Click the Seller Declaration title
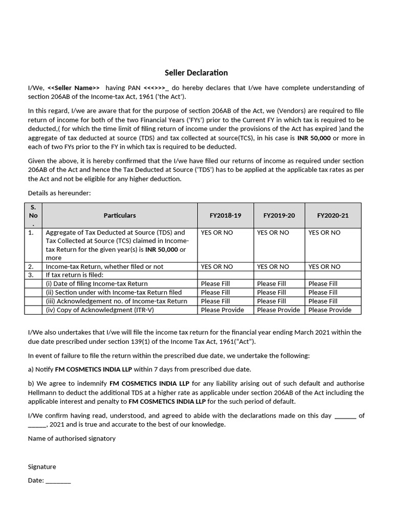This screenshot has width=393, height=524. pyautogui.click(x=196, y=73)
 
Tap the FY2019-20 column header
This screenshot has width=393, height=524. pyautogui.click(x=279, y=215)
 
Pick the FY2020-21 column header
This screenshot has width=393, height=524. pyautogui.click(x=333, y=215)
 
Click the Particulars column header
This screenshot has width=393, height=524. pyautogui.click(x=120, y=215)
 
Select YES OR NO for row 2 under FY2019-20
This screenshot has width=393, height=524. pyautogui.click(x=273, y=267)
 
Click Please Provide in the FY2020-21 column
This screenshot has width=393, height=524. pyautogui.click(x=330, y=310)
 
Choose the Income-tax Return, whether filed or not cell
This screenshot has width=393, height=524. pyautogui.click(x=105, y=267)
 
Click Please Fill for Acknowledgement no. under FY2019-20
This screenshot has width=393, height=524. pyautogui.click(x=271, y=301)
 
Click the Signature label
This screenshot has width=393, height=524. pyautogui.click(x=42, y=467)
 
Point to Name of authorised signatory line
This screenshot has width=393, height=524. pyautogui.click(x=72, y=439)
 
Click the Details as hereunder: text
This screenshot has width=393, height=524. pyautogui.click(x=59, y=193)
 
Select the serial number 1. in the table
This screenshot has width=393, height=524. pyautogui.click(x=31, y=232)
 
